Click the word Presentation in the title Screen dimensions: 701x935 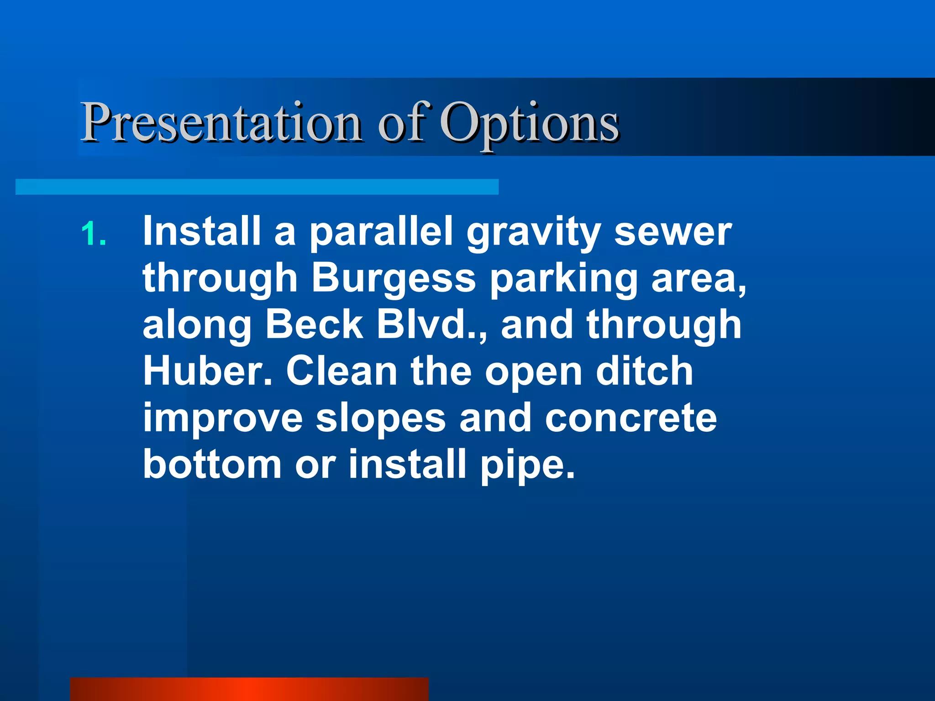pos(221,122)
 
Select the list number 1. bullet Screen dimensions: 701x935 pos(94,234)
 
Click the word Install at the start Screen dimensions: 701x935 pos(201,231)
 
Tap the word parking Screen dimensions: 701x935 pos(563,281)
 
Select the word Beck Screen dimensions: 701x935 pos(315,324)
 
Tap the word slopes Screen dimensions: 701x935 pos(381,419)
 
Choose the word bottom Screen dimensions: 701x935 pos(212,464)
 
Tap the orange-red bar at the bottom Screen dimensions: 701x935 pos(249,689)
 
